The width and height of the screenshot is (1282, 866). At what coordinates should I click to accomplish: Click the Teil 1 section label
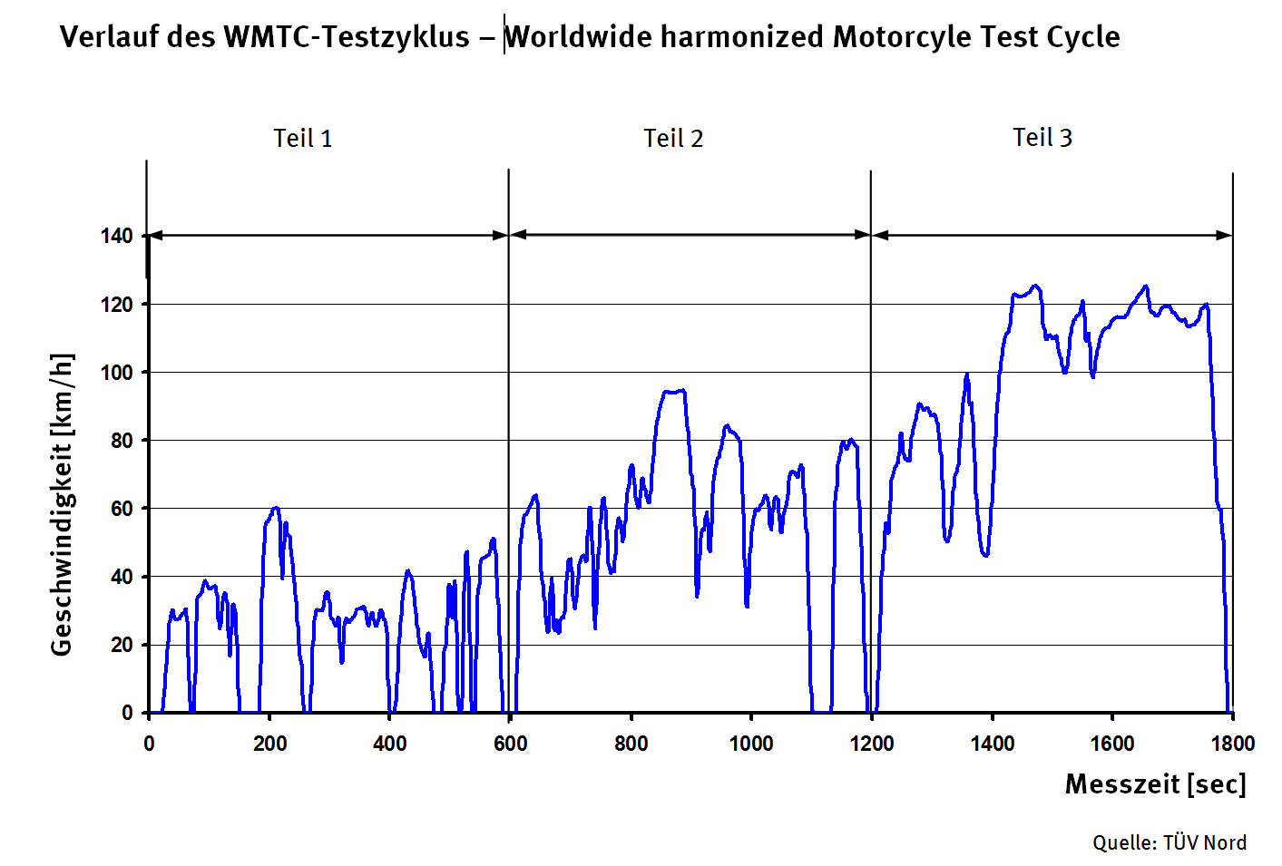pos(303,139)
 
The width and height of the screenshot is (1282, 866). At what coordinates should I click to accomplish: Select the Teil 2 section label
pos(673,139)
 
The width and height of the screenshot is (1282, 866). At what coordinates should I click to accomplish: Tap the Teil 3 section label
pos(1042,138)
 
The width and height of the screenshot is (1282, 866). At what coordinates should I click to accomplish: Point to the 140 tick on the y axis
pos(116,237)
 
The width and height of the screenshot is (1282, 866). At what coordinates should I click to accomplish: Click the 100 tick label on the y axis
pos(116,373)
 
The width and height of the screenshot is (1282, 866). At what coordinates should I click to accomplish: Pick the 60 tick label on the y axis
pos(122,509)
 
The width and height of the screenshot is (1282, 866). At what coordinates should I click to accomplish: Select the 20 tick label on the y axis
pos(122,645)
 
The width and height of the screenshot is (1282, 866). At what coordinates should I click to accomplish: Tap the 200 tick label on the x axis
pos(269,744)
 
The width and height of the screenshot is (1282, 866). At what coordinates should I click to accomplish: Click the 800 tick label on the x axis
pos(631,744)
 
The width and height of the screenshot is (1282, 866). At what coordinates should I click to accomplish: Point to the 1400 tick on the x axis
pos(992,744)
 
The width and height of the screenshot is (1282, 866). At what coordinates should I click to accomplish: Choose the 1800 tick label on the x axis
pos(1232,744)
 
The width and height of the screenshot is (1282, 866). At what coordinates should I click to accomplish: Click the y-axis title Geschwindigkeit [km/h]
pos(62,504)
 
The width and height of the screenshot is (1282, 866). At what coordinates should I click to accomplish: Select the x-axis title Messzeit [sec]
pos(1155,784)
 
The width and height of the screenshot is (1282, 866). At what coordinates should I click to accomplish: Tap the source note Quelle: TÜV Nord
pos(1169,842)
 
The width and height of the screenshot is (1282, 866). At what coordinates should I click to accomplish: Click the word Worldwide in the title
pos(578,37)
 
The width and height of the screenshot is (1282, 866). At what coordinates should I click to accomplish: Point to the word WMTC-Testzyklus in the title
pos(347,37)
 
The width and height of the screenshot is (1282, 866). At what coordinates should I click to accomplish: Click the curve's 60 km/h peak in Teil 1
pos(276,508)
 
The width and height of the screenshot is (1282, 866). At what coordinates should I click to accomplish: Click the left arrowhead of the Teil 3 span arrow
pos(878,235)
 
